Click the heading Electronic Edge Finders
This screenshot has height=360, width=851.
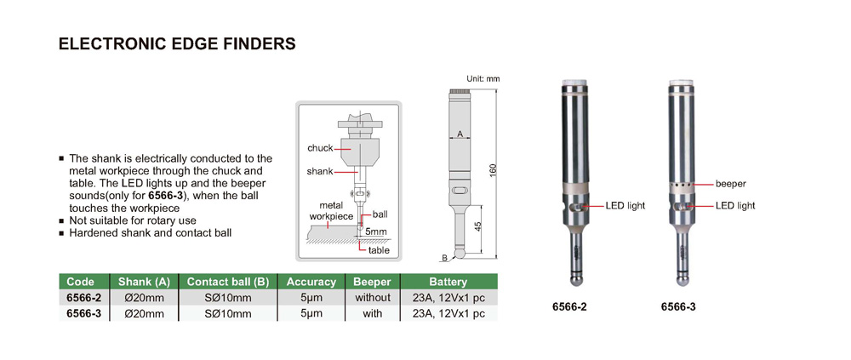[176, 44]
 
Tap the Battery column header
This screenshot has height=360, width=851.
[448, 282]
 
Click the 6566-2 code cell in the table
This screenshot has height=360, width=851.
[83, 298]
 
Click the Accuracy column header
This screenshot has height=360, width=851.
[312, 282]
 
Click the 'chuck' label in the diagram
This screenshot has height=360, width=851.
[320, 148]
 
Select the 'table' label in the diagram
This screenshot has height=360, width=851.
[379, 250]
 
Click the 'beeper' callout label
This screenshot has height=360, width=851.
[731, 183]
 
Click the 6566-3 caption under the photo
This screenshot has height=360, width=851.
[678, 306]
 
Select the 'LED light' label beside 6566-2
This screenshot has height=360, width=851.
[625, 206]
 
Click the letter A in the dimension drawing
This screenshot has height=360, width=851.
[460, 134]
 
